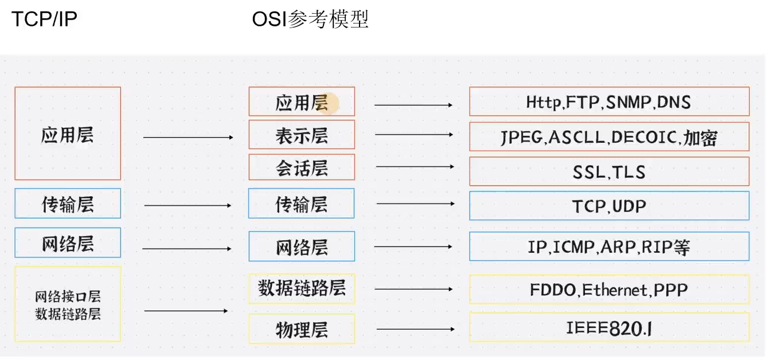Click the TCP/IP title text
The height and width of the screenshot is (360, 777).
[44, 19]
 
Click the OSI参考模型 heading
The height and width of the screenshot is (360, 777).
[310, 19]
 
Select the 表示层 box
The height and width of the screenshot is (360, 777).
[302, 135]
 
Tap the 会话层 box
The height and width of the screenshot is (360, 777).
[302, 168]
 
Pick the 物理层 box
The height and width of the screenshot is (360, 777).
[302, 330]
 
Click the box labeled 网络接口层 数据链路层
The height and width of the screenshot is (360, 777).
[68, 304]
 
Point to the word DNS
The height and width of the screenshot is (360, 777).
[674, 102]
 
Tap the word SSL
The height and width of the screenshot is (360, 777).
[588, 171]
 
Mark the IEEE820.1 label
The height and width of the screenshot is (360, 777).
[609, 328]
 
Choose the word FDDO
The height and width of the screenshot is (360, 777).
[553, 289]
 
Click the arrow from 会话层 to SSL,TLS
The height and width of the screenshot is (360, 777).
[415, 166]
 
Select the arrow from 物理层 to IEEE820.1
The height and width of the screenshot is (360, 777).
[415, 329]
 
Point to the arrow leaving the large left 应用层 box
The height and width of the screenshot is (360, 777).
[188, 138]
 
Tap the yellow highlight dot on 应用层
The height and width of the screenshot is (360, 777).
[331, 103]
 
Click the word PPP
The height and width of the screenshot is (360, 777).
[671, 289]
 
